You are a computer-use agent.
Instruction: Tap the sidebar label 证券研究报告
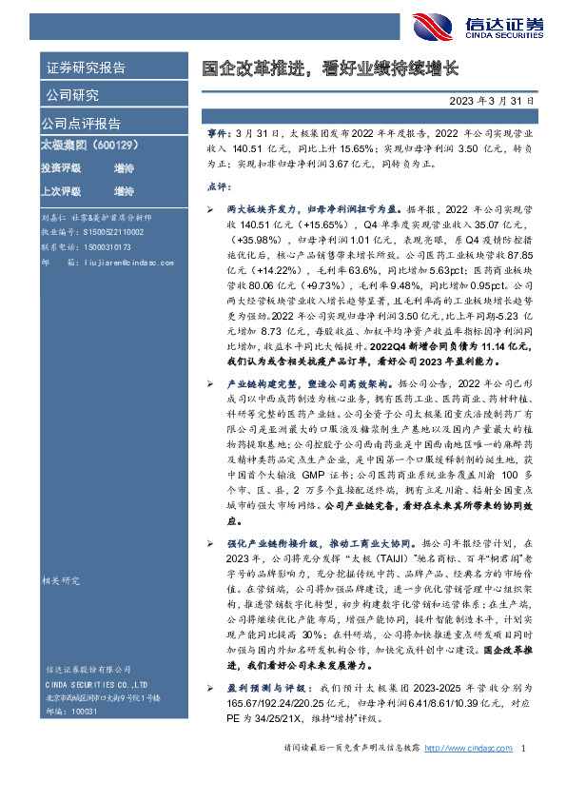[x=86, y=68]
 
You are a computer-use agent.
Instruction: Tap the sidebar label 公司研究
[x=71, y=95]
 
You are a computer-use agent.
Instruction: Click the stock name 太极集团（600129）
[x=86, y=145]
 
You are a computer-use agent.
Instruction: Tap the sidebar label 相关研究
[x=64, y=578]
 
